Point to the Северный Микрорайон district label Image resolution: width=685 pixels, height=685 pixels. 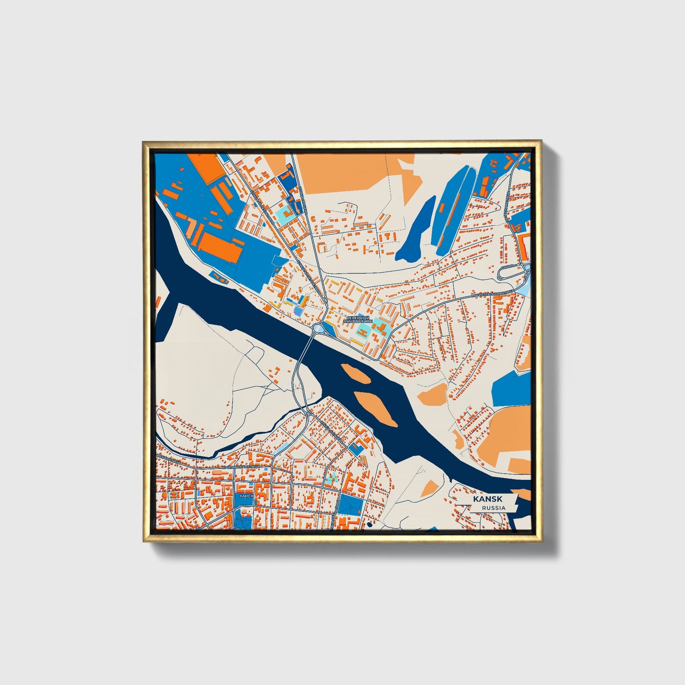358,320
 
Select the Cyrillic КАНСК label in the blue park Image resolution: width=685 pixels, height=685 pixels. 247,495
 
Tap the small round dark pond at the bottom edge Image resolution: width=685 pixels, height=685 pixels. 369,525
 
